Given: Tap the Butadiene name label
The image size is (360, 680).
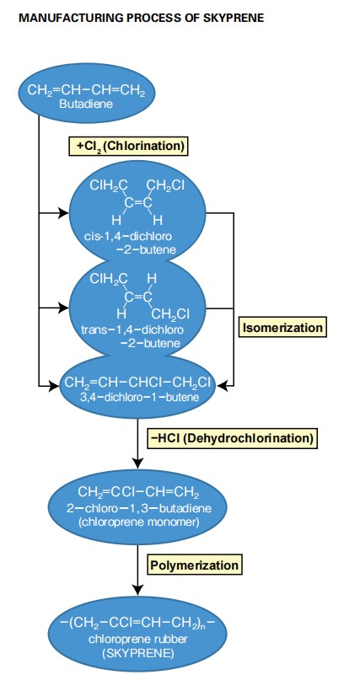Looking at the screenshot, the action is pos(86,104).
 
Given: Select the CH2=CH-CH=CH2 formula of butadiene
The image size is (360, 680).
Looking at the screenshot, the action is pos(86,91).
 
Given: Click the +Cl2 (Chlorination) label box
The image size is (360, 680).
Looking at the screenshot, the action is pos(128,146).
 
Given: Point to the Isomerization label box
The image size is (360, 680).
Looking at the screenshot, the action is pos(282,328).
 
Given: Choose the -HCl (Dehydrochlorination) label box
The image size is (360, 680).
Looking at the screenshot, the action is pos(233,438).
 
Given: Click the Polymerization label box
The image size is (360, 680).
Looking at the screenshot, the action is pos(194,565).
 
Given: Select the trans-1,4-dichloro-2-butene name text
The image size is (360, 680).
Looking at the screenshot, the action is pos(132,336).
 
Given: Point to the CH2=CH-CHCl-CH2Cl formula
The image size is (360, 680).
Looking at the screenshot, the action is pos(137,383).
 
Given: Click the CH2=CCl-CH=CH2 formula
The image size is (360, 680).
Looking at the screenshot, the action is pos(139,493).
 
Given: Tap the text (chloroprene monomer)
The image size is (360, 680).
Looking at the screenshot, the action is pos(139,522).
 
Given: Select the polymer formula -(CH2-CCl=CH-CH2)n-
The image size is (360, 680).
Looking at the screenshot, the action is pos(137,625).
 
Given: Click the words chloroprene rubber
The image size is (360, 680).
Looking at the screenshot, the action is pos(137,640).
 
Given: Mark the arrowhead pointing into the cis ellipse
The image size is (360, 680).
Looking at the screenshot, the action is pos(63,213).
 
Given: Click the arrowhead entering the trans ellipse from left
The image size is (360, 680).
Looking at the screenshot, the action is pos(63,308).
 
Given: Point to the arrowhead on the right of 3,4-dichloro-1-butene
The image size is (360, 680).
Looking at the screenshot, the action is pos(222,385).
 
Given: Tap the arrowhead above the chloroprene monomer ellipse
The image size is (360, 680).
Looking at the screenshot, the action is pos(137,463).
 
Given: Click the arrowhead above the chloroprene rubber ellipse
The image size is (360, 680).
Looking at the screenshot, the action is pos(137,590).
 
